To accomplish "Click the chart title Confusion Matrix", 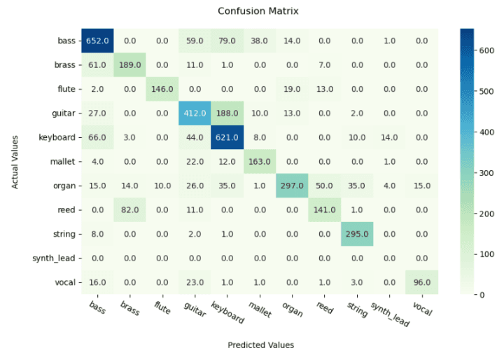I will pyautogui.click(x=258, y=11).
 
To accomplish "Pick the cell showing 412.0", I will pyautogui.click(x=195, y=113).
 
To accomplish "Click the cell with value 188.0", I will pyautogui.click(x=227, y=113).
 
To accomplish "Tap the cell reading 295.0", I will pyautogui.click(x=356, y=235).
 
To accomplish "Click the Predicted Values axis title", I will pyautogui.click(x=260, y=345).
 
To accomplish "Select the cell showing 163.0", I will pyautogui.click(x=260, y=162).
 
